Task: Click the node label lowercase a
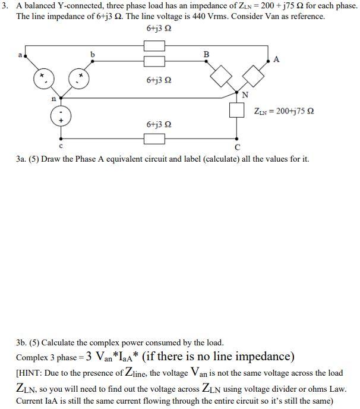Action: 20,55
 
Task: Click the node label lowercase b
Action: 91,54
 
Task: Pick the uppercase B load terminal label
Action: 206,54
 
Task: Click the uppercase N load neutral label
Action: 245,95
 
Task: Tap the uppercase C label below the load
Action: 238,146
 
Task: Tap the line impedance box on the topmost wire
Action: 154,45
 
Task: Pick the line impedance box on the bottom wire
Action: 154,139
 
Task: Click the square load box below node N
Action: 238,111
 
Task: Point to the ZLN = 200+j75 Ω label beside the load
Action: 284,111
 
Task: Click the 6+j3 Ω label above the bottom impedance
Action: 159,125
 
